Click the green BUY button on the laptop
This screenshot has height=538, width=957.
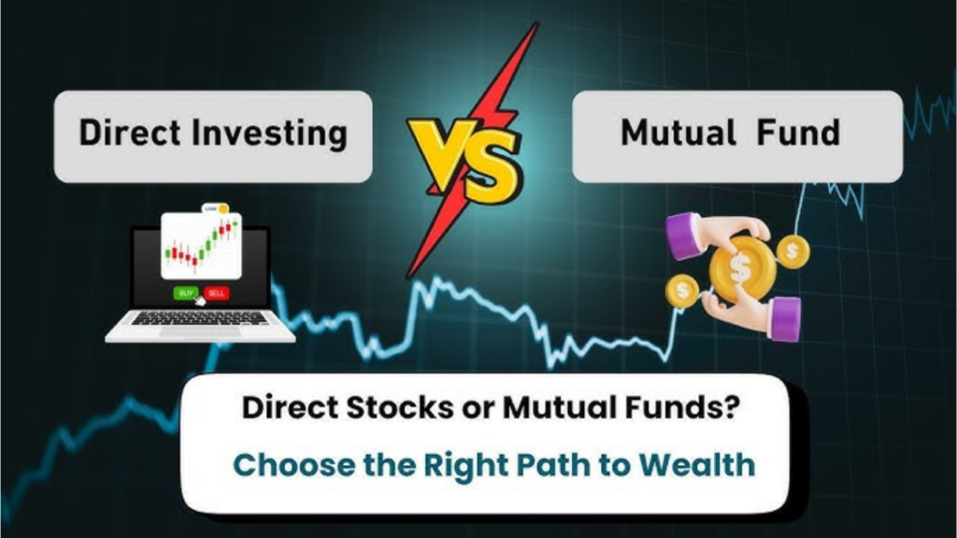[185, 292]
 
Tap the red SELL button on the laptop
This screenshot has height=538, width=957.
[216, 292]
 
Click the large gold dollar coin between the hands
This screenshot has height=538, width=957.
[739, 268]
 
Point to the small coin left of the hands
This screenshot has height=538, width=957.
[682, 291]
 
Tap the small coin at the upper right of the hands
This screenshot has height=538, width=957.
[793, 250]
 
